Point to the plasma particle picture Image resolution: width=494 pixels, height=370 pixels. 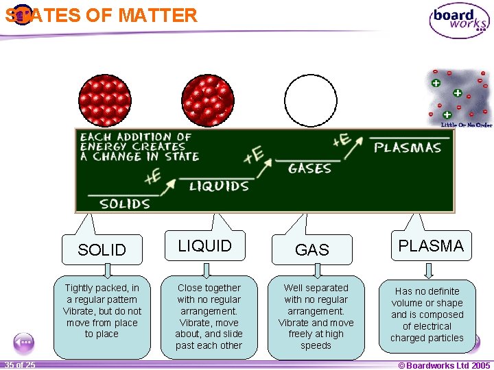point(458,97)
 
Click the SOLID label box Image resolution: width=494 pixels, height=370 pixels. point(102,250)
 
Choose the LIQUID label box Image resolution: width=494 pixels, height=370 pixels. point(205,246)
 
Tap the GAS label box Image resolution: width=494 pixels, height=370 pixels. point(311,250)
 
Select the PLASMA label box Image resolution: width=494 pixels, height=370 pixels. point(431,246)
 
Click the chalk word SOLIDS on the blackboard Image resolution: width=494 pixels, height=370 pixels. point(125,203)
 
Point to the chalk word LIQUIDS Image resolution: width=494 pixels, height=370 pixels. point(219,186)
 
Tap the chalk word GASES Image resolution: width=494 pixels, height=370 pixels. point(309,169)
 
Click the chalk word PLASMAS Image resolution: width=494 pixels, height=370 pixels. point(408,147)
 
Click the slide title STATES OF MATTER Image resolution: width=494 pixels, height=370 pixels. point(102,15)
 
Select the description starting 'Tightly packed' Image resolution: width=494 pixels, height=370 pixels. point(102,311)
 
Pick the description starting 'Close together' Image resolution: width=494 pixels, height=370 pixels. point(209,317)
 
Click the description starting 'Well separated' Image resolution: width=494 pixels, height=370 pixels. point(316,317)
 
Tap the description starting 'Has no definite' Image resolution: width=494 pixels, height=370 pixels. point(427,314)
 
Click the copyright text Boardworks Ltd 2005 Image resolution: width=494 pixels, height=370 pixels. point(444,365)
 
